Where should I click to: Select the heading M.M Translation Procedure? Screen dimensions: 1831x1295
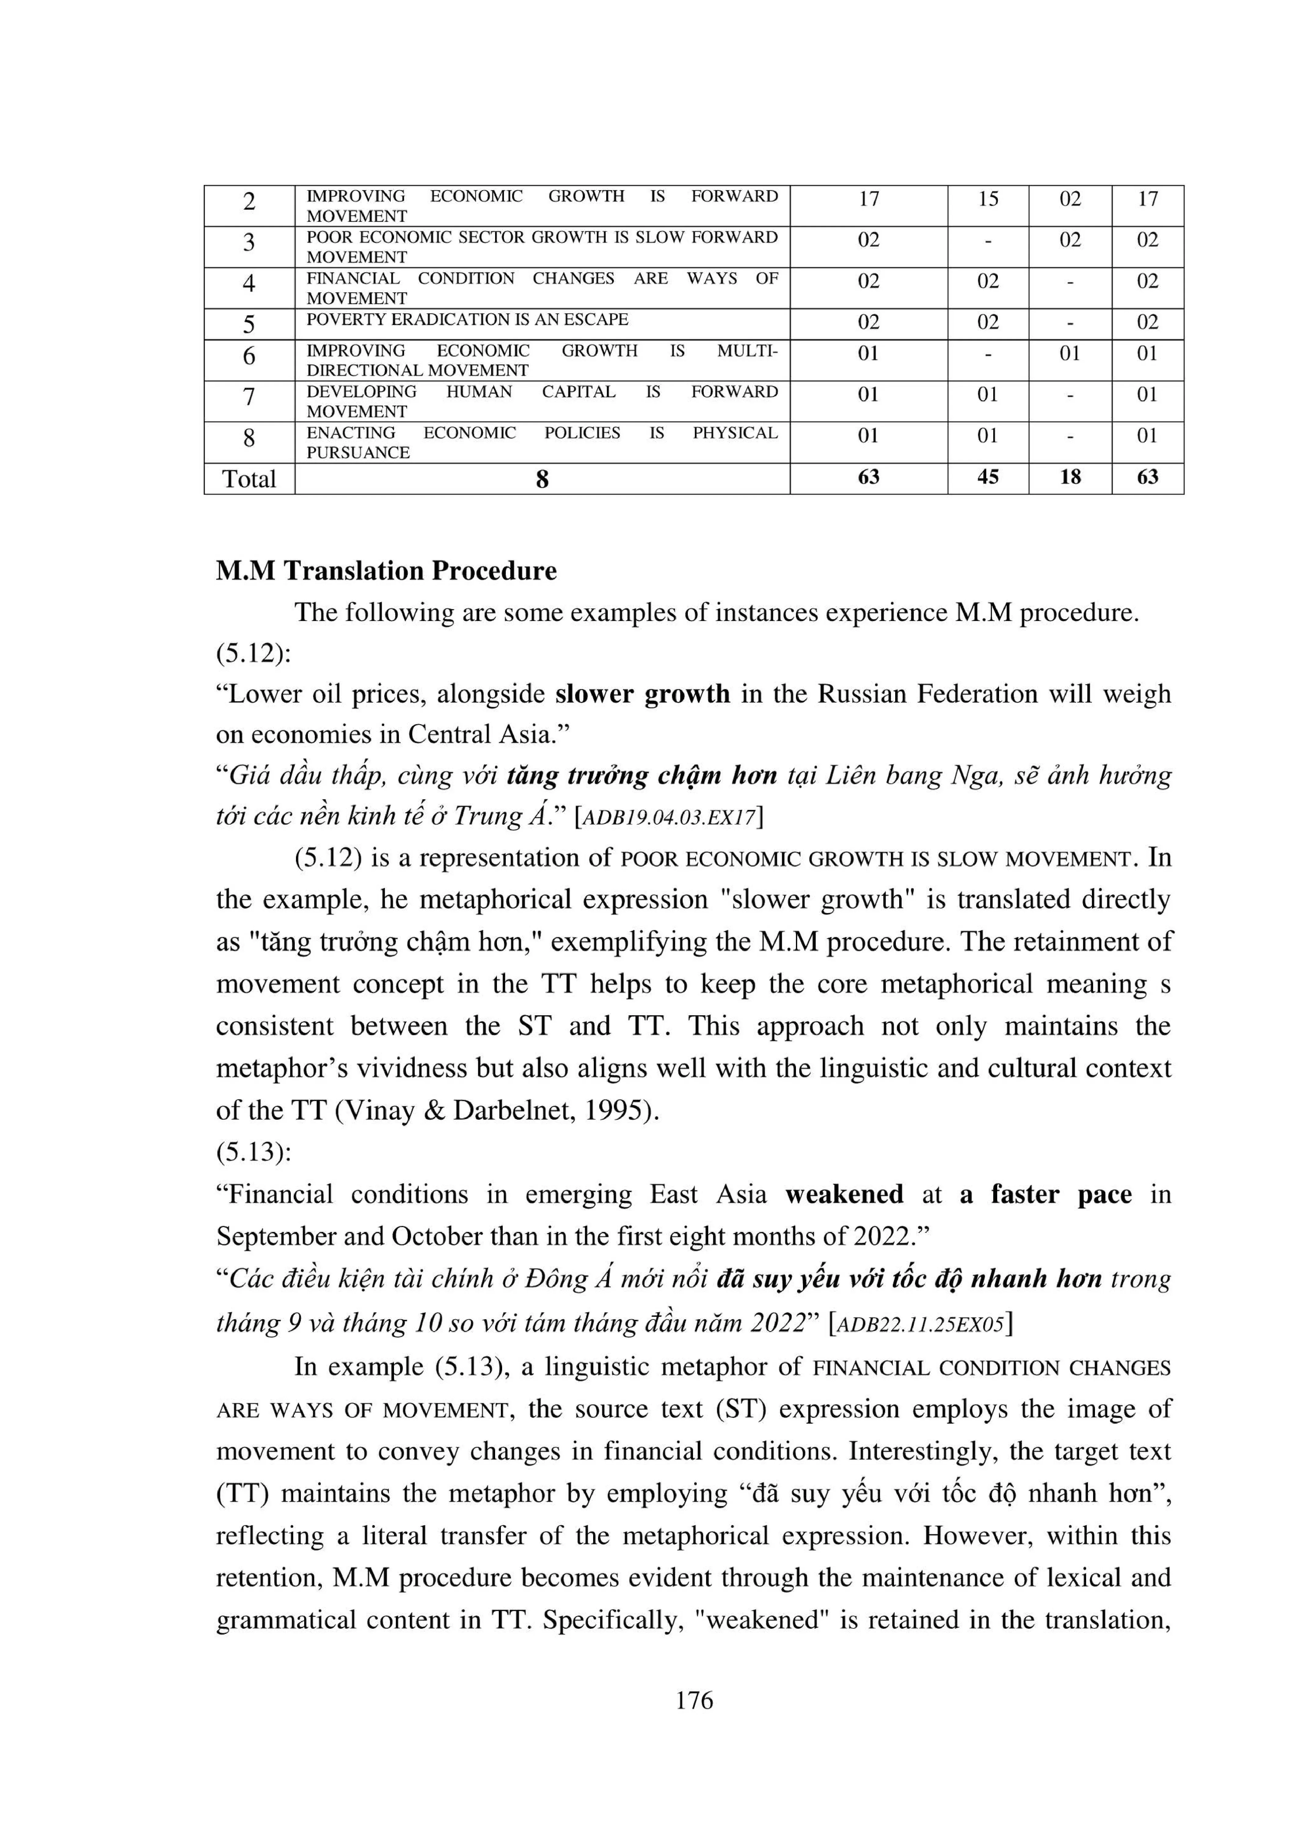click(386, 571)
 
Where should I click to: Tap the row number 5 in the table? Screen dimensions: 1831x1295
click(249, 324)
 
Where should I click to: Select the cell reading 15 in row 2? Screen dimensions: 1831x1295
click(988, 199)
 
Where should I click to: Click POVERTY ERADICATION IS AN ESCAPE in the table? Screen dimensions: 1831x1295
click(468, 320)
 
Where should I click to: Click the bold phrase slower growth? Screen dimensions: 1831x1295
click(642, 694)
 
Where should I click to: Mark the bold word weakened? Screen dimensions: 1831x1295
click(844, 1194)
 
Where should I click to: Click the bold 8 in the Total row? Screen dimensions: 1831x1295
click(542, 479)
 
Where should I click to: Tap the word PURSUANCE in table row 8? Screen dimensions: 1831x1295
click(358, 453)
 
